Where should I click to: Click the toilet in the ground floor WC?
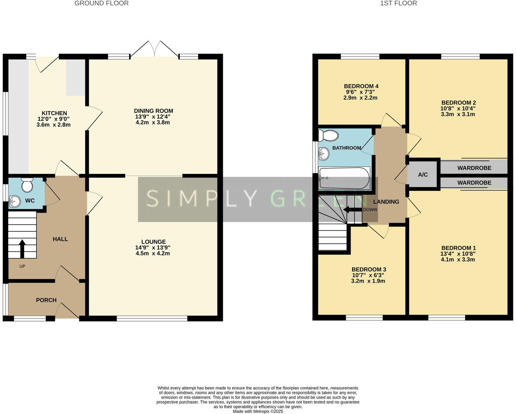[x=27, y=184]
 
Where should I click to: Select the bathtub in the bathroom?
[x=344, y=178]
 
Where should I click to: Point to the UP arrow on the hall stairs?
[x=22, y=249]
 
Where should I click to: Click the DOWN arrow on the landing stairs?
[x=352, y=210]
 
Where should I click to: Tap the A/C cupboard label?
[x=423, y=175]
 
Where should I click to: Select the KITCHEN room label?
[x=54, y=113]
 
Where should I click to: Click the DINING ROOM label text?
[x=153, y=111]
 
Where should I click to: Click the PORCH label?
[x=46, y=300]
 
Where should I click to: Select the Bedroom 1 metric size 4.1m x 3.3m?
[x=458, y=259]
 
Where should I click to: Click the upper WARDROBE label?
[x=474, y=168]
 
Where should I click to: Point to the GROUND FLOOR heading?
[x=101, y=3]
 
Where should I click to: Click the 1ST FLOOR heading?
[x=398, y=3]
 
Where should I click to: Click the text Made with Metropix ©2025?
[x=258, y=411]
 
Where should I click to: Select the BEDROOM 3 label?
[x=369, y=269]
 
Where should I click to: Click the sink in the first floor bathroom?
[x=323, y=153]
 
